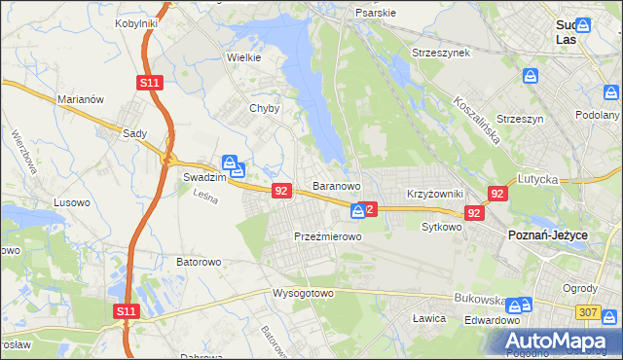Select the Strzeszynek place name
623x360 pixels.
pos(441,52)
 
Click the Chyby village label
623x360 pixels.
pos(265,108)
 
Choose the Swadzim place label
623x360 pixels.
pos(204,179)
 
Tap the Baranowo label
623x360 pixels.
pos(337,185)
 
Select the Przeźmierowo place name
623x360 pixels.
pos(328,236)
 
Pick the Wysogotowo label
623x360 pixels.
pos(303,293)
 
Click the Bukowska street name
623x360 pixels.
pos(477,302)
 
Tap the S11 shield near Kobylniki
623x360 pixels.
pos(149,84)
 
